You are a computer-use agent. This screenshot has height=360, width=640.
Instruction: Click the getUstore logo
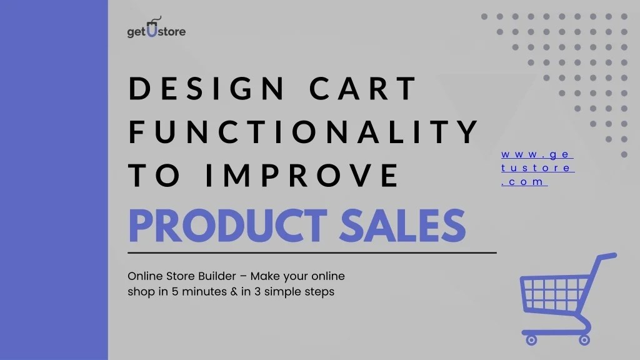[x=156, y=29]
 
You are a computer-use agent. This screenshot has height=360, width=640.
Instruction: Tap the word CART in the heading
[x=362, y=89]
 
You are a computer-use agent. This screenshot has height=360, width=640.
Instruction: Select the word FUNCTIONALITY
[x=303, y=132]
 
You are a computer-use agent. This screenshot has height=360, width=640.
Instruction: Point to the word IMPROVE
[x=302, y=175]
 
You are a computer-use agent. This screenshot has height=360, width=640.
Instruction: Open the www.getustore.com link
[x=537, y=168]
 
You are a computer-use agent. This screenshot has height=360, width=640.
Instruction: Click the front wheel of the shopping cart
[x=531, y=340]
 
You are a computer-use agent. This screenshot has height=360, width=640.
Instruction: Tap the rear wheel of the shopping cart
[x=584, y=340]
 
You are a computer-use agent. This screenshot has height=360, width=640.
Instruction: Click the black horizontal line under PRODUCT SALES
[x=312, y=253]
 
